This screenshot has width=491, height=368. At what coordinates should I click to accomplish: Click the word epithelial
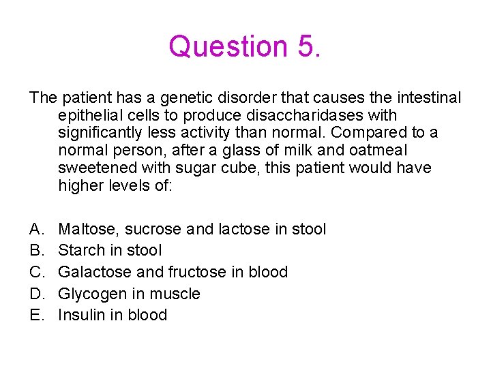click(95, 116)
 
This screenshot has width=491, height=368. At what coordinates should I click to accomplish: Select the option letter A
click(35, 229)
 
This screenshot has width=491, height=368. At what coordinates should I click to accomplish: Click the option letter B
click(35, 250)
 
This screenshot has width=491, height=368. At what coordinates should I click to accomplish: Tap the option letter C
click(35, 272)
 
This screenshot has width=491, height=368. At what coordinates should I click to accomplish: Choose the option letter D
click(35, 294)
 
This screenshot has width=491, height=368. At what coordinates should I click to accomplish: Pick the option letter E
click(35, 315)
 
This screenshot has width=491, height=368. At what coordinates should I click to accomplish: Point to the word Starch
click(81, 250)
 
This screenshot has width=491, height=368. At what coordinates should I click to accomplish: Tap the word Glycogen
click(91, 294)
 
